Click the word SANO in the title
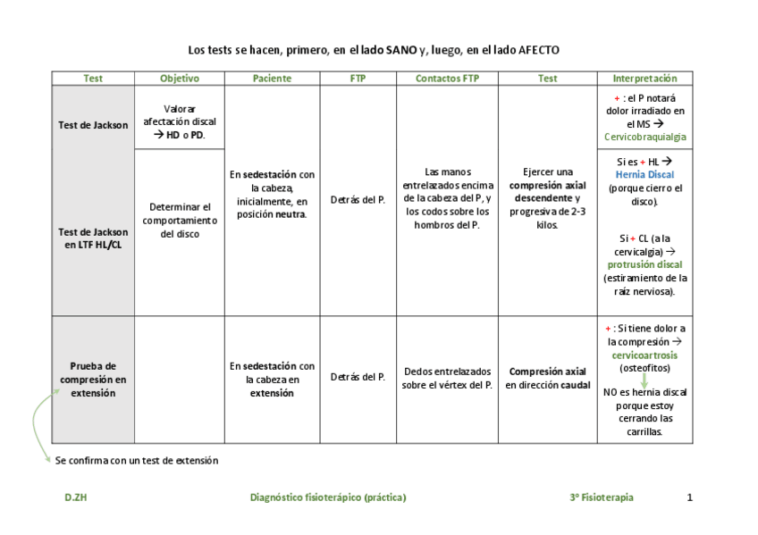(x=401, y=51)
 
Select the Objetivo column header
(x=180, y=79)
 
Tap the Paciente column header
(x=272, y=79)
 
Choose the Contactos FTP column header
(x=447, y=79)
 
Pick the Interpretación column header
(x=644, y=79)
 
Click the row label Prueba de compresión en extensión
(x=93, y=379)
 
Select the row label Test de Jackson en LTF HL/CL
(x=93, y=238)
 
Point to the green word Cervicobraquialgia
(x=645, y=137)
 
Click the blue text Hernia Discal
(x=645, y=175)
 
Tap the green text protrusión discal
(x=645, y=265)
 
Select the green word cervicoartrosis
(x=645, y=355)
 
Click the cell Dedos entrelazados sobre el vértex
(x=447, y=378)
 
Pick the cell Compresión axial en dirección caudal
(x=547, y=378)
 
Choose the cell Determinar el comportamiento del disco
(x=180, y=220)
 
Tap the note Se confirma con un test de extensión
(x=137, y=461)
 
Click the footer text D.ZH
(x=75, y=497)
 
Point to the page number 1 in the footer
(x=689, y=497)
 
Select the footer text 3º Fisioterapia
(x=601, y=497)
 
